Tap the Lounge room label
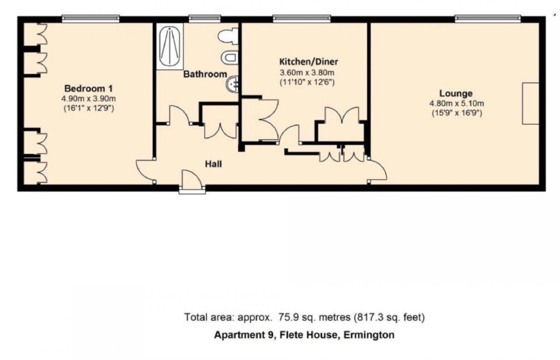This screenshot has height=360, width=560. [456, 94]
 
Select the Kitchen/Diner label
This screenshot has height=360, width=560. [308, 62]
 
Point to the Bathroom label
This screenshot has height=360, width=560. [206, 74]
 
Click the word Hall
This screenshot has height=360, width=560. [213, 164]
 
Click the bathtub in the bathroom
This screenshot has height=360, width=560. [170, 47]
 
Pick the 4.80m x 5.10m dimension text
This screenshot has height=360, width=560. [457, 104]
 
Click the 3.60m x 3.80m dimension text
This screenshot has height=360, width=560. [307, 73]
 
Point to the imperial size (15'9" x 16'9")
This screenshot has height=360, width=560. [456, 114]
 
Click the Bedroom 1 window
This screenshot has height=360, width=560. [90, 18]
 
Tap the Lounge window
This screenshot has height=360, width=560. [488, 18]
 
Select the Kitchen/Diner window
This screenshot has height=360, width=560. [302, 18]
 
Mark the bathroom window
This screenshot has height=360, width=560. [205, 18]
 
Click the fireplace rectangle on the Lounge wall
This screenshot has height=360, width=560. [530, 103]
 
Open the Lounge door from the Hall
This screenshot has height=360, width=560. [378, 170]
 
